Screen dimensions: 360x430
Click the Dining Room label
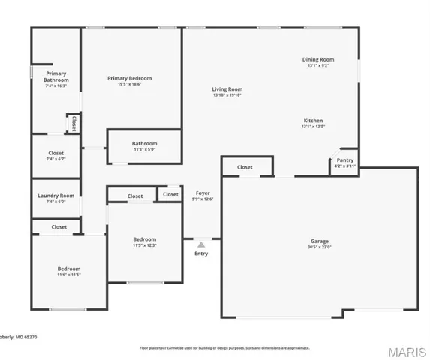(317, 59)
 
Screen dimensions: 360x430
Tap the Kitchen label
(313, 121)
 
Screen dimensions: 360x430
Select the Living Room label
(227, 89)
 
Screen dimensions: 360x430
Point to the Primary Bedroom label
(129, 78)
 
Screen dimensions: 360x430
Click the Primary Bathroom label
(56, 76)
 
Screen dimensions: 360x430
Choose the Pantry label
(344, 160)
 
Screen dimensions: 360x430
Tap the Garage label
(319, 241)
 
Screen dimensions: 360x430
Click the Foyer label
(203, 193)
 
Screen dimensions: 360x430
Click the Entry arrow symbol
(201, 244)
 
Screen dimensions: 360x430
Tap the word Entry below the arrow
(201, 253)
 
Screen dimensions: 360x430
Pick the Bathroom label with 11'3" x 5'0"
(144, 143)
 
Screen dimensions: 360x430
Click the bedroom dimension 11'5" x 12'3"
(144, 245)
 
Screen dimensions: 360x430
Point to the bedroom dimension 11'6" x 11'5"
(68, 274)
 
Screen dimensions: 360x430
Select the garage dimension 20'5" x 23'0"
(319, 247)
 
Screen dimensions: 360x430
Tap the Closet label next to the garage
(245, 167)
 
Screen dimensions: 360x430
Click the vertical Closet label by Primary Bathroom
(74, 123)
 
